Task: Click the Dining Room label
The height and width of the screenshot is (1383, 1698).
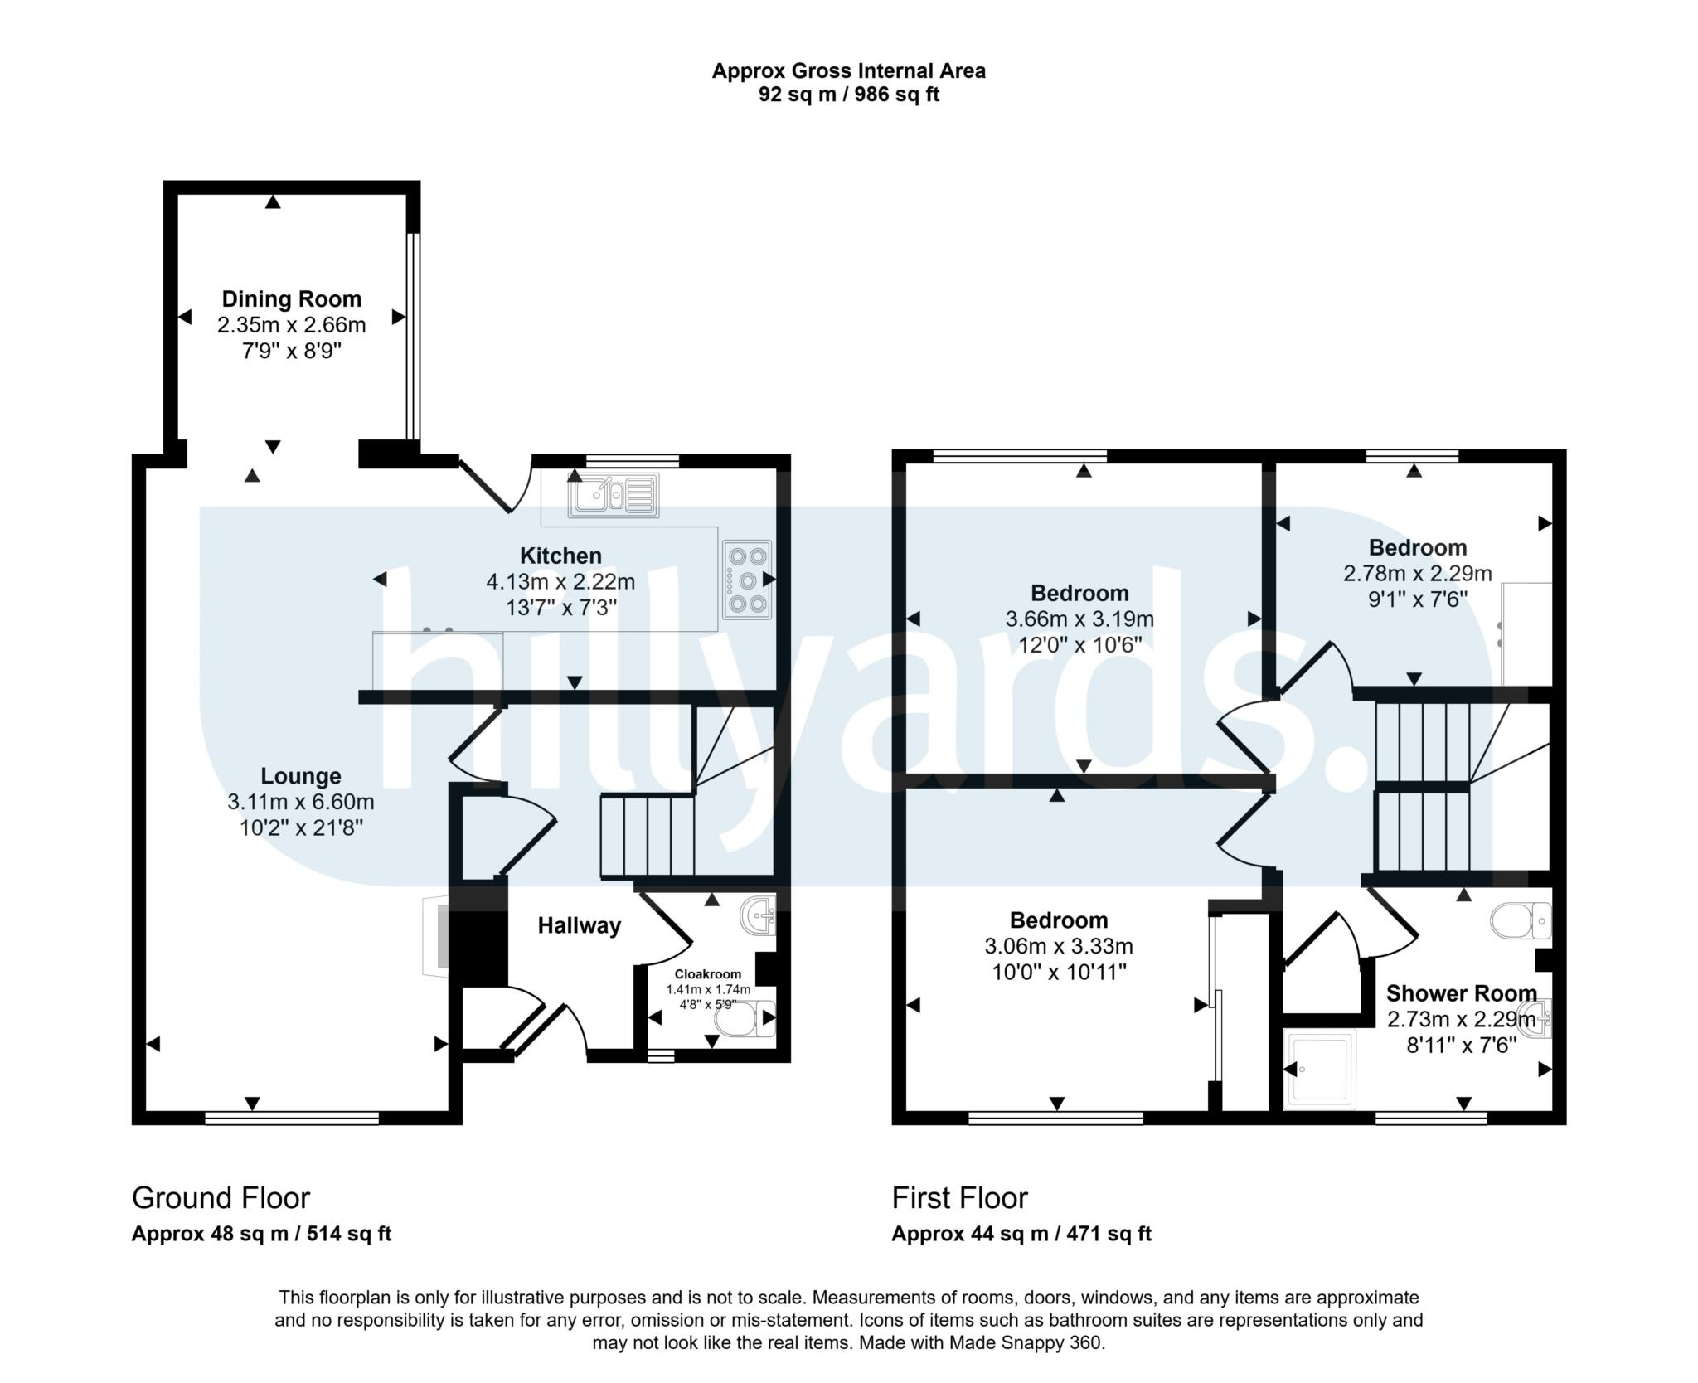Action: (291, 299)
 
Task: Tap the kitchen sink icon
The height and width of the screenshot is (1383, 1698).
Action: (614, 495)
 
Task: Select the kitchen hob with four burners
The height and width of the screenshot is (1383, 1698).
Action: (747, 580)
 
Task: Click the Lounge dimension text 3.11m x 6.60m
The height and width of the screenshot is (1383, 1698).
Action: (301, 802)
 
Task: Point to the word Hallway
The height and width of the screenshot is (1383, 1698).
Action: (580, 925)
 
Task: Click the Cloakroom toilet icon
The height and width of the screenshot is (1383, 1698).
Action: (744, 1020)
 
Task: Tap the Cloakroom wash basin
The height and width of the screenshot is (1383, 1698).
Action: (758, 915)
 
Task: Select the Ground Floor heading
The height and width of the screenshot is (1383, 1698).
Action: (221, 1198)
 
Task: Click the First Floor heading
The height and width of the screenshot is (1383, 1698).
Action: (959, 1198)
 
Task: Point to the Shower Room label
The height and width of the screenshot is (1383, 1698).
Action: (1461, 992)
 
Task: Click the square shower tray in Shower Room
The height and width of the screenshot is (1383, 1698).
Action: (1319, 1070)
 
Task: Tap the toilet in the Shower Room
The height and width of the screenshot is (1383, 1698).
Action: (1521, 920)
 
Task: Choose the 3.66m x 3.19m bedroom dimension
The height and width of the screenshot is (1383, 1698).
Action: (1079, 619)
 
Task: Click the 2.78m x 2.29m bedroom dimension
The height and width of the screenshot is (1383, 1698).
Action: (1418, 573)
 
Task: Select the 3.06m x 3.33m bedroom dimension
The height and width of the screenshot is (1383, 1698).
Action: (1059, 946)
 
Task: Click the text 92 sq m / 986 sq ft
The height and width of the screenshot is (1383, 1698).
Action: (849, 95)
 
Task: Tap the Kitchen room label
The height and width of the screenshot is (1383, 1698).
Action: (560, 556)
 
